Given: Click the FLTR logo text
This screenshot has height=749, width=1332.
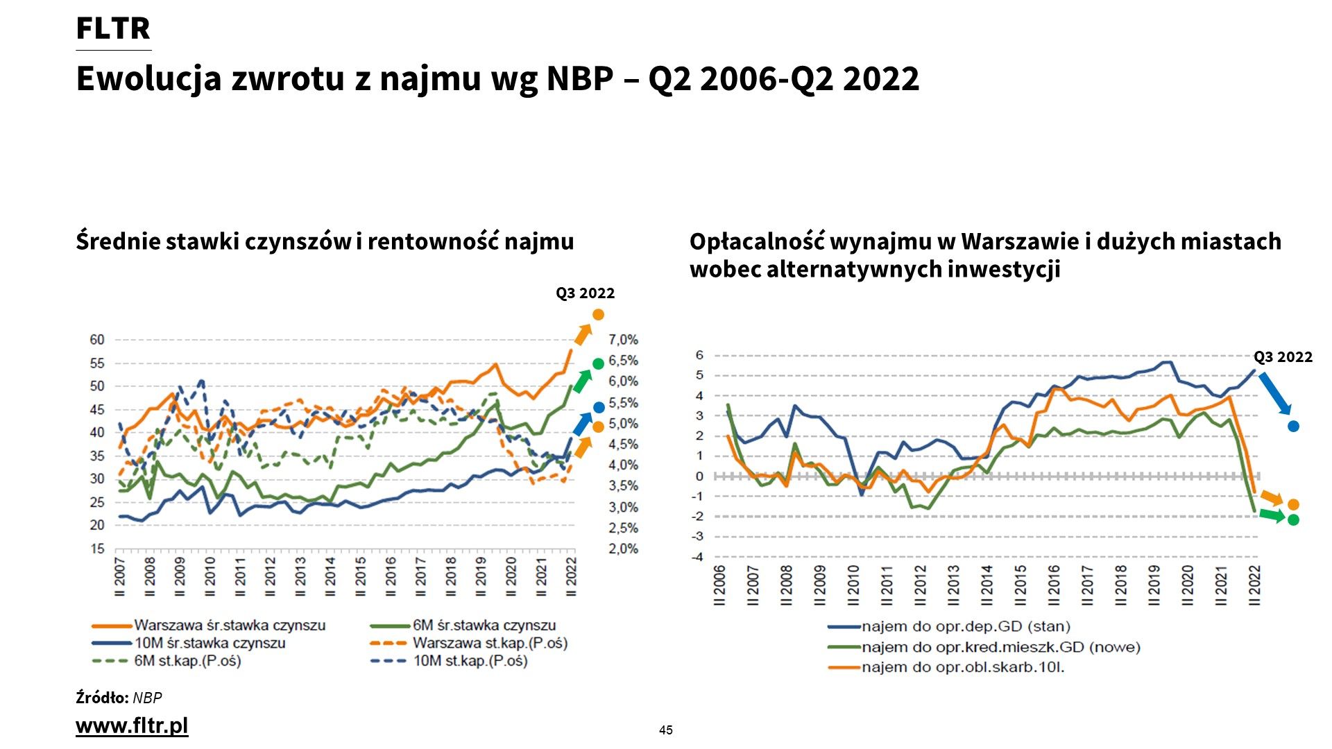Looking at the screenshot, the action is [113, 28].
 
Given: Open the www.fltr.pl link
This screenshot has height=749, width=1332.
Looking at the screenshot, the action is [132, 725].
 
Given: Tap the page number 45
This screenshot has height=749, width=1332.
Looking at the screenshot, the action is [666, 730].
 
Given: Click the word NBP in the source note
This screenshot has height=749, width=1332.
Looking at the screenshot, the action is [147, 698].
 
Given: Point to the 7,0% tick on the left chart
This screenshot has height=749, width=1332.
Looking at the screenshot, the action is [623, 340].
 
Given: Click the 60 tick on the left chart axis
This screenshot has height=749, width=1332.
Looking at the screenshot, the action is [97, 340].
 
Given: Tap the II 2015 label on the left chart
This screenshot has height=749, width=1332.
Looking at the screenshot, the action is [361, 576].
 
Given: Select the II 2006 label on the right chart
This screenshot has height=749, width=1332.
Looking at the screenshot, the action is [719, 585].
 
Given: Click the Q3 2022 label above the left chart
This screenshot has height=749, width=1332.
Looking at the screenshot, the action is [585, 293].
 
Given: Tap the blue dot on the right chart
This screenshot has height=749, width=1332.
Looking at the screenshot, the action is [1293, 427].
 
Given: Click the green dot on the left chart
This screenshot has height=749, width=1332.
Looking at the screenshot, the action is [598, 364].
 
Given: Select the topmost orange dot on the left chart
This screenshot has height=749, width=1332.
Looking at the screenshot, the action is [598, 315].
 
